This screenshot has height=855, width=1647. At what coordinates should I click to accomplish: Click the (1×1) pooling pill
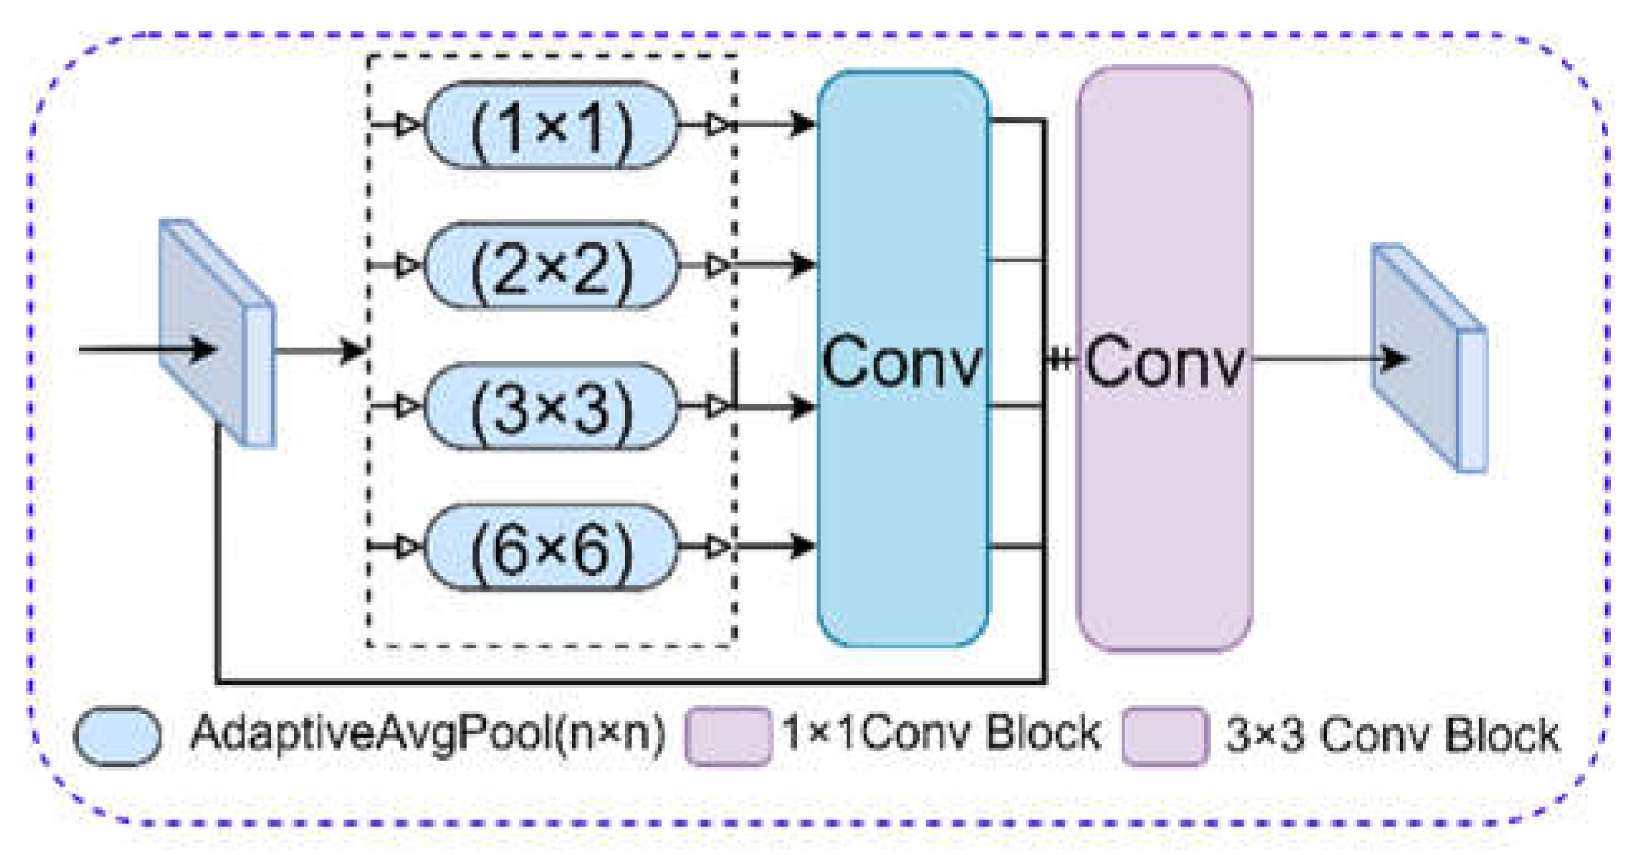[x=551, y=126]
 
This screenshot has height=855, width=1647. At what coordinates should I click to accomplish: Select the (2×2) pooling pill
[x=551, y=266]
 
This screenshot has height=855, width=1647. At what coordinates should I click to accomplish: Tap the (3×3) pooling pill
[x=551, y=407]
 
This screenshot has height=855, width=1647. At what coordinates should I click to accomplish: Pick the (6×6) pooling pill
[x=551, y=547]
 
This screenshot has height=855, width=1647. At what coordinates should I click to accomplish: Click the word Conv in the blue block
[x=901, y=362]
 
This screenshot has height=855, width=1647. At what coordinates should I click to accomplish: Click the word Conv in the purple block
[x=1164, y=362]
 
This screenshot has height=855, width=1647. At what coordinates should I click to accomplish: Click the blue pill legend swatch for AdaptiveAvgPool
[x=117, y=736]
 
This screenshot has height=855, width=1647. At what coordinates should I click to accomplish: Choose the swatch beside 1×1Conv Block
[x=727, y=735]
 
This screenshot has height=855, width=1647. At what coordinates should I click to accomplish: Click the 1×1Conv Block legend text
[x=941, y=733]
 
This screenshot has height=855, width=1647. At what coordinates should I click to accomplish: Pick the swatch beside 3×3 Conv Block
[x=1164, y=735]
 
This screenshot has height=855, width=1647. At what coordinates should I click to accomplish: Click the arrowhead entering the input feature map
[x=201, y=349]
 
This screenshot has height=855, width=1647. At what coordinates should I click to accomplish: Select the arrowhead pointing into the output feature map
[x=1395, y=359]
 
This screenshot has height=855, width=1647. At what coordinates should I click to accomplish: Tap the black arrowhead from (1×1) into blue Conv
[x=802, y=125]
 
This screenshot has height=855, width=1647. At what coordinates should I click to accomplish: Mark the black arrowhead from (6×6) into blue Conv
[x=802, y=546]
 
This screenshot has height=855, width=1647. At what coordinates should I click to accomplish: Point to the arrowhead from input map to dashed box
[x=352, y=351]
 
